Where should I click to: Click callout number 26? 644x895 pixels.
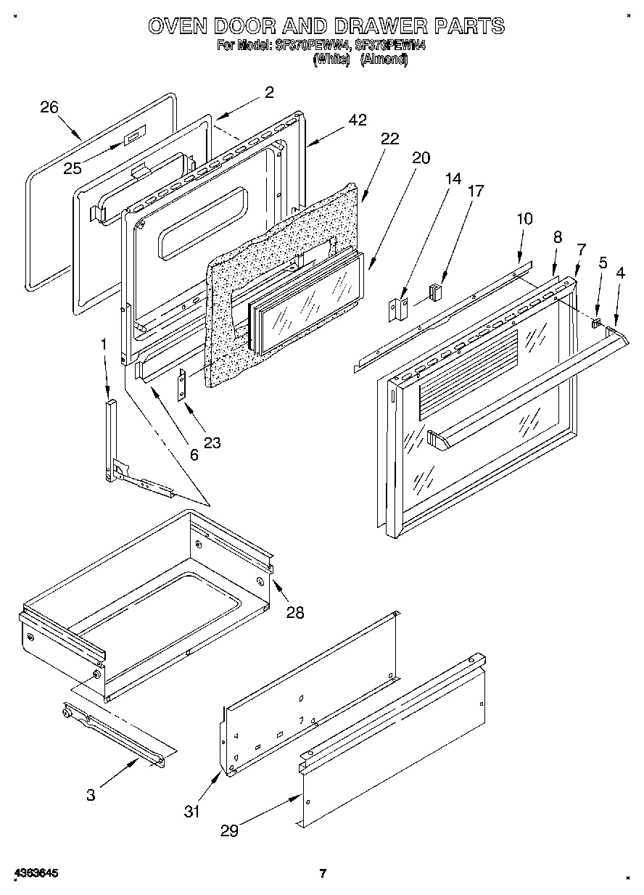point(49,107)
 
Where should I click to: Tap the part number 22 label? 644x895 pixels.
point(389,140)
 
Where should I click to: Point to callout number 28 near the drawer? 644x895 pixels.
point(294,612)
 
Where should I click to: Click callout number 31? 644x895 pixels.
point(191,812)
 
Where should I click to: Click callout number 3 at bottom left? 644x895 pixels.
point(90,795)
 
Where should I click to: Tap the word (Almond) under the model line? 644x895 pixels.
point(384,60)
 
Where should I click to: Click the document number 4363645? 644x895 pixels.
point(35,873)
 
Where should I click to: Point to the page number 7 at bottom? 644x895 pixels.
point(323,873)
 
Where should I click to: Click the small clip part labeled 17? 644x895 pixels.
point(435,292)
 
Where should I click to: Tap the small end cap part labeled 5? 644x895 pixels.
point(597,323)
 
